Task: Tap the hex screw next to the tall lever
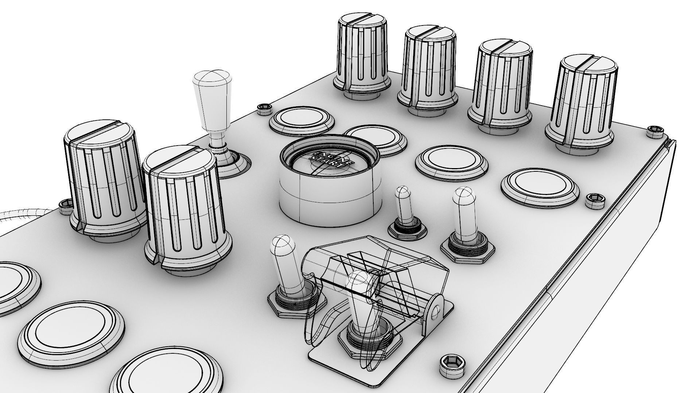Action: click(x=264, y=109)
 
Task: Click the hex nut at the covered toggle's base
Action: click(x=370, y=342)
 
